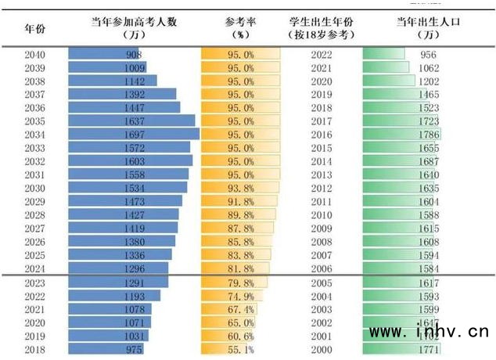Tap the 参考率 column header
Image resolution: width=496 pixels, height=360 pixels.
(x=239, y=28)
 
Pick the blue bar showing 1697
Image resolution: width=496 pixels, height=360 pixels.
(x=134, y=135)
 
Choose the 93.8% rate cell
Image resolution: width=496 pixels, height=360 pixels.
(x=239, y=188)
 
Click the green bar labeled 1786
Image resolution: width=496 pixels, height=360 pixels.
(x=402, y=135)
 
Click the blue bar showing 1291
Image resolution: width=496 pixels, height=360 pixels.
(x=118, y=283)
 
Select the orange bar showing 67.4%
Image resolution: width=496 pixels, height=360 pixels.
(x=227, y=309)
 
